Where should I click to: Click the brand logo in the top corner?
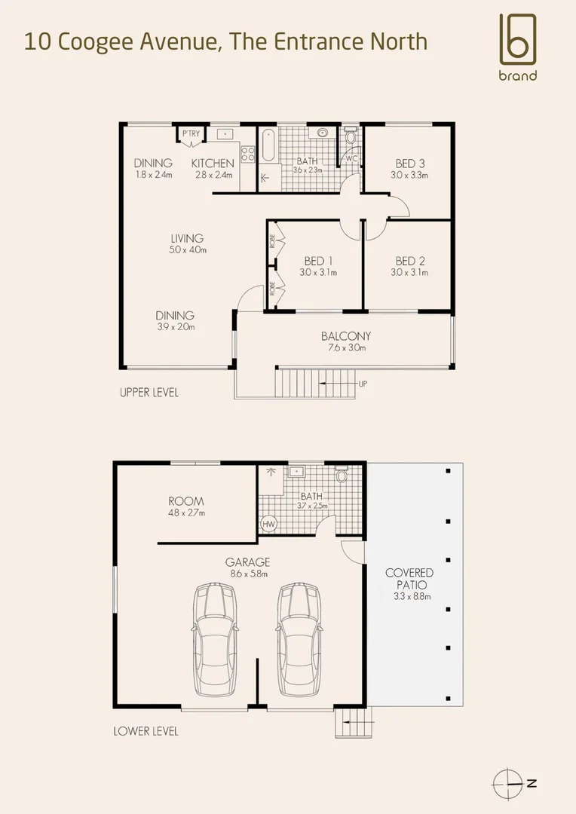coord(517,45)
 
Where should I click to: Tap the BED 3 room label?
coord(410,164)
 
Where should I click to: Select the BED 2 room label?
coord(410,262)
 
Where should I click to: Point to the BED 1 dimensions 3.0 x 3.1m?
coord(317,273)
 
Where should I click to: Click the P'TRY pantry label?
coord(191,135)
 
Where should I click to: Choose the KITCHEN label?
coord(213,164)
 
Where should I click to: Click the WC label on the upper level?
coord(351,158)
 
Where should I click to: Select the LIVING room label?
coord(187,239)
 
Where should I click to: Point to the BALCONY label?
coord(345,336)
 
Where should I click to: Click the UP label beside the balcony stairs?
coord(363,384)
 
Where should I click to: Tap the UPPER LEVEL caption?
coord(149,393)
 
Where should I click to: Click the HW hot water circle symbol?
coord(268,524)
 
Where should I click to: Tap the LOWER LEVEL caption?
coord(146,731)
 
